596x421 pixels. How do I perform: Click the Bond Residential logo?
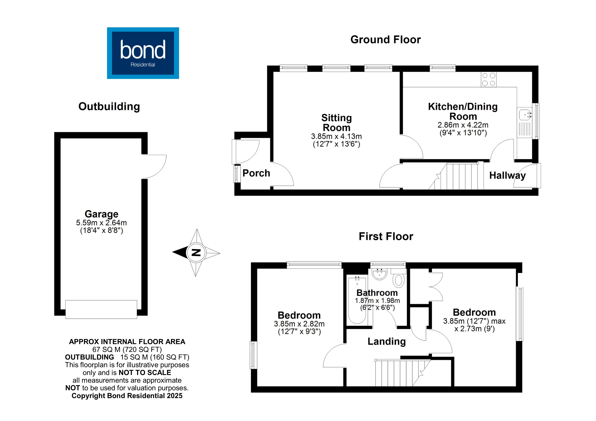(143, 53)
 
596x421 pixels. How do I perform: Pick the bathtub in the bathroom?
(357, 300)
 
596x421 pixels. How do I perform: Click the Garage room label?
(101, 214)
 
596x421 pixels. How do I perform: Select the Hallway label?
(507, 176)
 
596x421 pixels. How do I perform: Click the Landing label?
(387, 341)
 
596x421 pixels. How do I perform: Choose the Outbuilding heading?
(109, 107)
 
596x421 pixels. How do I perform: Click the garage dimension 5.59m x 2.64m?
(101, 223)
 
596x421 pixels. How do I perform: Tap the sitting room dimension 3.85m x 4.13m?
(336, 136)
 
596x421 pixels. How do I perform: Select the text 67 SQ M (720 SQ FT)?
(127, 349)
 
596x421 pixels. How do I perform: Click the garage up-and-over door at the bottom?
(101, 309)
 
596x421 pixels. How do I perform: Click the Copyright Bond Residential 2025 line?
(127, 396)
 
